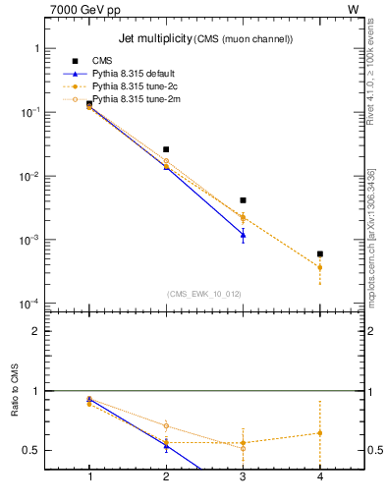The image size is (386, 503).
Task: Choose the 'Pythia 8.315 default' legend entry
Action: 135,75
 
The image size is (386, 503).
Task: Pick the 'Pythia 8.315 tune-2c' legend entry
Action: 135,86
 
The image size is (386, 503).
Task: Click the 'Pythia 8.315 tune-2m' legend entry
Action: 135,99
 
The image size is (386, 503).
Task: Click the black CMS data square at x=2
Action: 166,149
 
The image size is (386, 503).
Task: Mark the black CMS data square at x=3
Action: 243,200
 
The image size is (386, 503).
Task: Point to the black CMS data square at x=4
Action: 320,253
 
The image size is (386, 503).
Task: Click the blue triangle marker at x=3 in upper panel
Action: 243,235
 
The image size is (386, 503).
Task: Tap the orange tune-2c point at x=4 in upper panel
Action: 320,267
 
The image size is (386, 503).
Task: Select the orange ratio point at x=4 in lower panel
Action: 320,433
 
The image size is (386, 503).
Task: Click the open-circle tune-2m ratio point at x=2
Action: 166,425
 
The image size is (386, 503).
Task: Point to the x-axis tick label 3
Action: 243,477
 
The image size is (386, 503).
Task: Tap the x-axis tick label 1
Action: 89,477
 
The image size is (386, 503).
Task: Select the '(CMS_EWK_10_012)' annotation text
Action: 203,293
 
